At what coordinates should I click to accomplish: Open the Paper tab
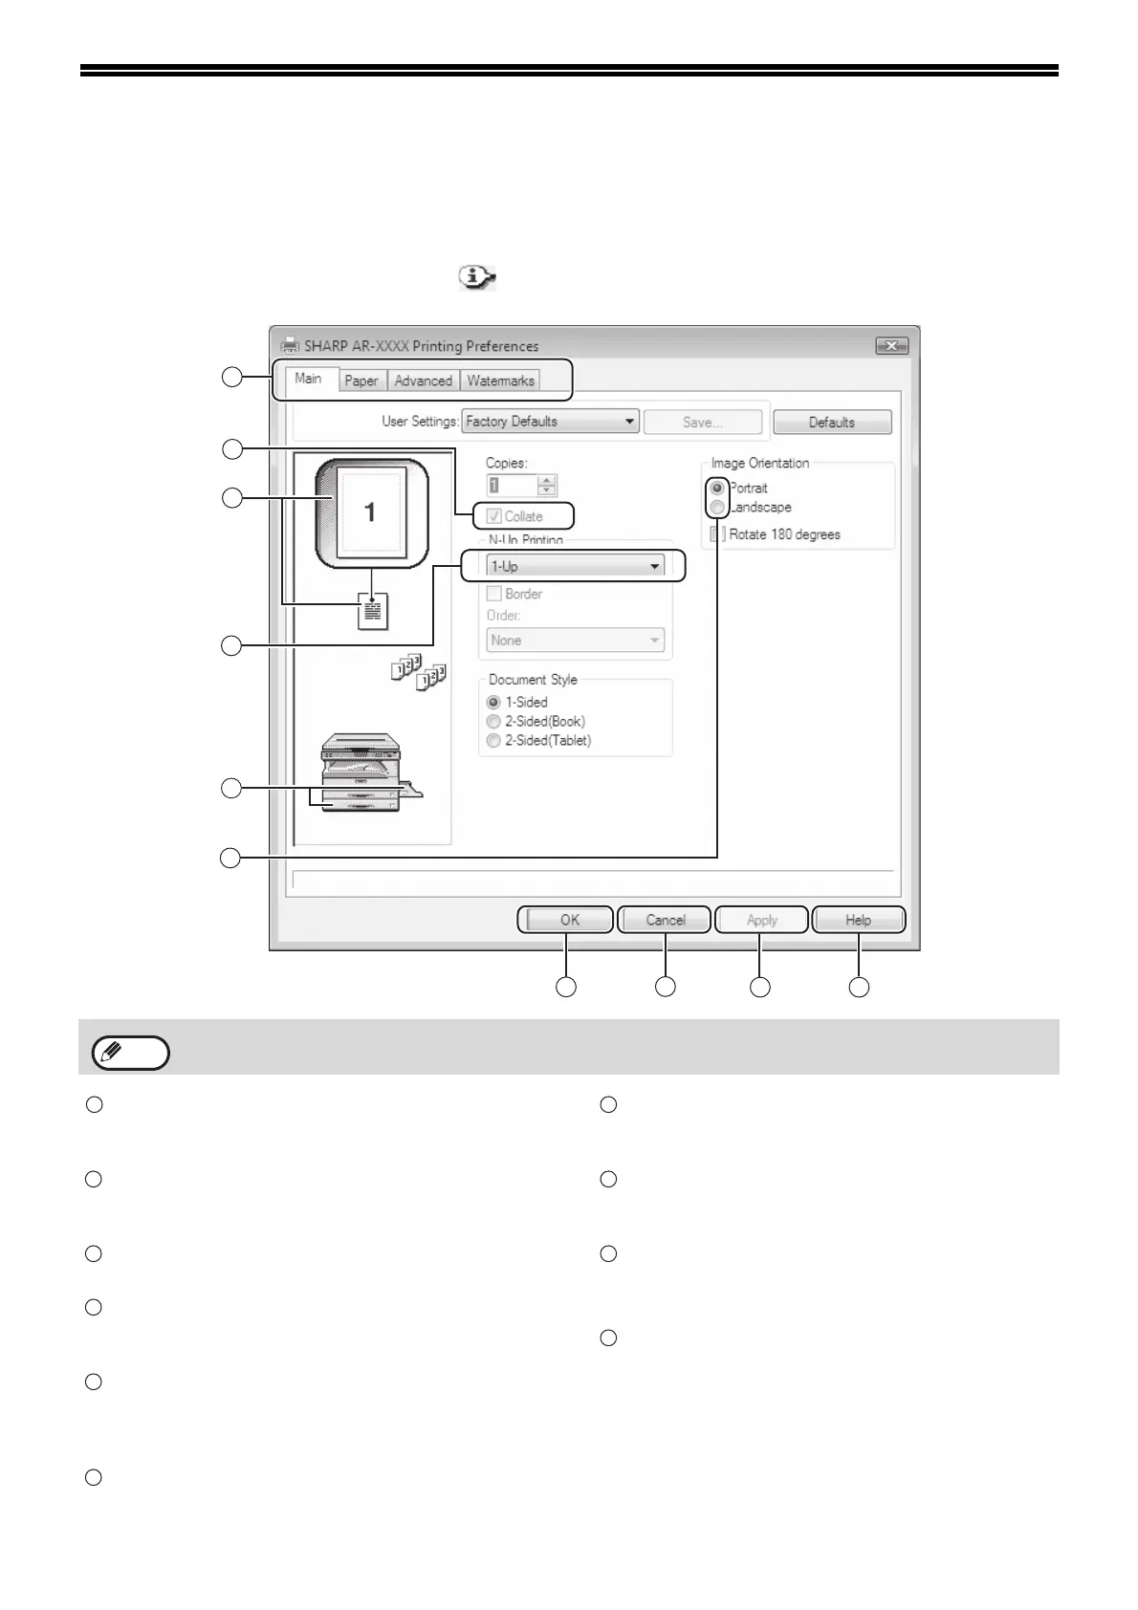[x=361, y=381]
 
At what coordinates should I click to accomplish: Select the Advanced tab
[x=423, y=381]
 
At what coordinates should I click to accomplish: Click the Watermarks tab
[x=500, y=381]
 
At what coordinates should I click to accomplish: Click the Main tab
[x=308, y=379]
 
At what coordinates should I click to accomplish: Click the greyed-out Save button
[x=703, y=422]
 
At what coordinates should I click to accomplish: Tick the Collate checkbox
[x=494, y=516]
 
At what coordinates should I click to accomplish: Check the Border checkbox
[x=494, y=594]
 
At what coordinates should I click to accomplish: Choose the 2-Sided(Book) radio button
[x=493, y=722]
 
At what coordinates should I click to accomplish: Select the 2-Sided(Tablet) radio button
[x=493, y=741]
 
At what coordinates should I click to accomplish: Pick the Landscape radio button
[x=717, y=508]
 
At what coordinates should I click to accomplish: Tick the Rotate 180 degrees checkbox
[x=718, y=534]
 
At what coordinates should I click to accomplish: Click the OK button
[x=570, y=920]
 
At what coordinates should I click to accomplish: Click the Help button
[x=858, y=920]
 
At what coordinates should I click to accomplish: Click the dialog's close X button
[x=891, y=346]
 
